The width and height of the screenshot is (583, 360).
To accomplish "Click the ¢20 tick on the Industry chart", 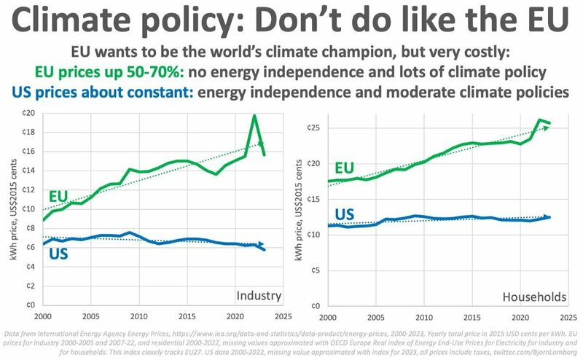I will tap(28, 113).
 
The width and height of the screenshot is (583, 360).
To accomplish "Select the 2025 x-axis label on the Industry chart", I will tap(281, 318).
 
